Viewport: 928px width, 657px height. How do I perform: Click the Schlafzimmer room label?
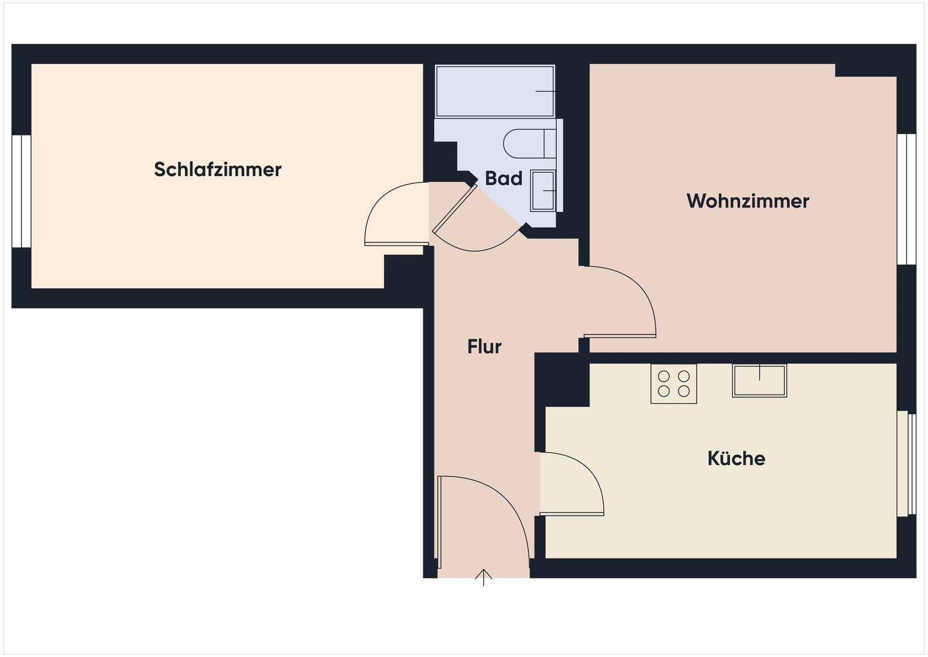coord(218,170)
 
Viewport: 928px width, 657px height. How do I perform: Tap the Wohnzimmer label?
coord(748,201)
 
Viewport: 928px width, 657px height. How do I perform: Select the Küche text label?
coord(736,458)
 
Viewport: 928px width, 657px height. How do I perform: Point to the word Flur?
coord(484,347)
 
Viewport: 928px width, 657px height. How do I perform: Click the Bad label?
coord(503,179)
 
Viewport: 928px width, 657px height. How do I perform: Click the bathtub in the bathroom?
coord(495,91)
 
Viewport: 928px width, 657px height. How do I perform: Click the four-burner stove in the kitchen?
coord(673,384)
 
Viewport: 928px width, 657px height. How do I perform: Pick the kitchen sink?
coord(759,380)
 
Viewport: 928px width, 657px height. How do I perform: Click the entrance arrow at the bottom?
coord(483,577)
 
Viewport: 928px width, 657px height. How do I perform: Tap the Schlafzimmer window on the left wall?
coord(21,191)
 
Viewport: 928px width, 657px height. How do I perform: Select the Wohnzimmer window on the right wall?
coord(907,199)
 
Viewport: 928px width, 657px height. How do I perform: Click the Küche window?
coord(907,463)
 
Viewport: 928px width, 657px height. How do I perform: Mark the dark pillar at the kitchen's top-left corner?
coord(562,380)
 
